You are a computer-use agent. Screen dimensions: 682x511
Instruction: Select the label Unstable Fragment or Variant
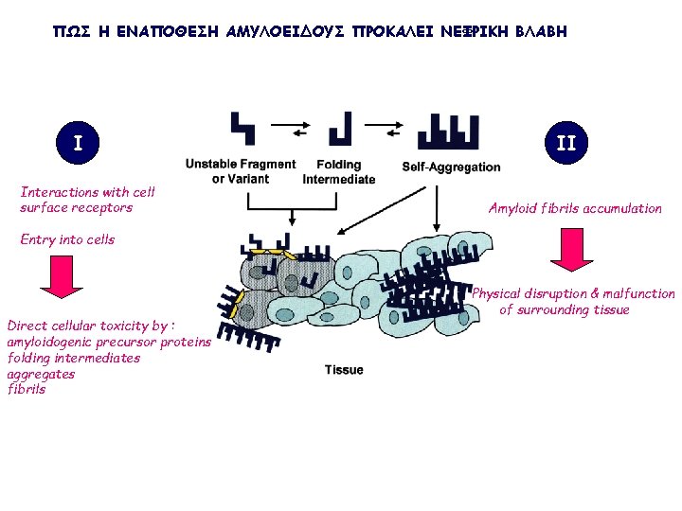(241, 171)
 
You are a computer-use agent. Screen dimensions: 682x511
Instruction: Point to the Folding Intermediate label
(338, 171)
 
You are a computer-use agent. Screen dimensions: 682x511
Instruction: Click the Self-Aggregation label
(451, 167)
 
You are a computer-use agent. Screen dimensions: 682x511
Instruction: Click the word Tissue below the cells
(343, 370)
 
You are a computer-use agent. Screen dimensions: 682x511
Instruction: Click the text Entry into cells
(67, 239)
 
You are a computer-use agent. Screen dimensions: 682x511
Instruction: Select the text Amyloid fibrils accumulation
(575, 208)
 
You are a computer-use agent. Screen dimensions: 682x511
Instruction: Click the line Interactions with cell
(87, 192)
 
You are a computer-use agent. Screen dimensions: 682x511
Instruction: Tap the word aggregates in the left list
(41, 374)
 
